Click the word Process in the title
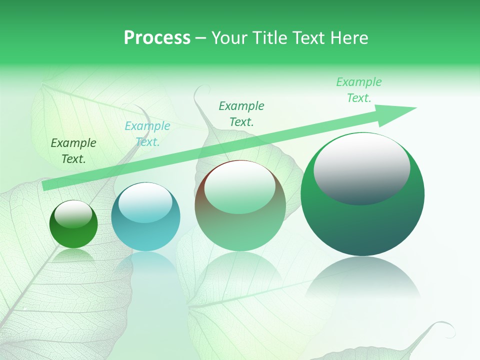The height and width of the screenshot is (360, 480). pyautogui.click(x=157, y=38)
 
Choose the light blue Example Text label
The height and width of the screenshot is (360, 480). pyautogui.click(x=147, y=134)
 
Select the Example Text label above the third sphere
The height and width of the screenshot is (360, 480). pyautogui.click(x=241, y=113)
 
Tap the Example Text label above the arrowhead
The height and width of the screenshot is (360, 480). pyautogui.click(x=359, y=90)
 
